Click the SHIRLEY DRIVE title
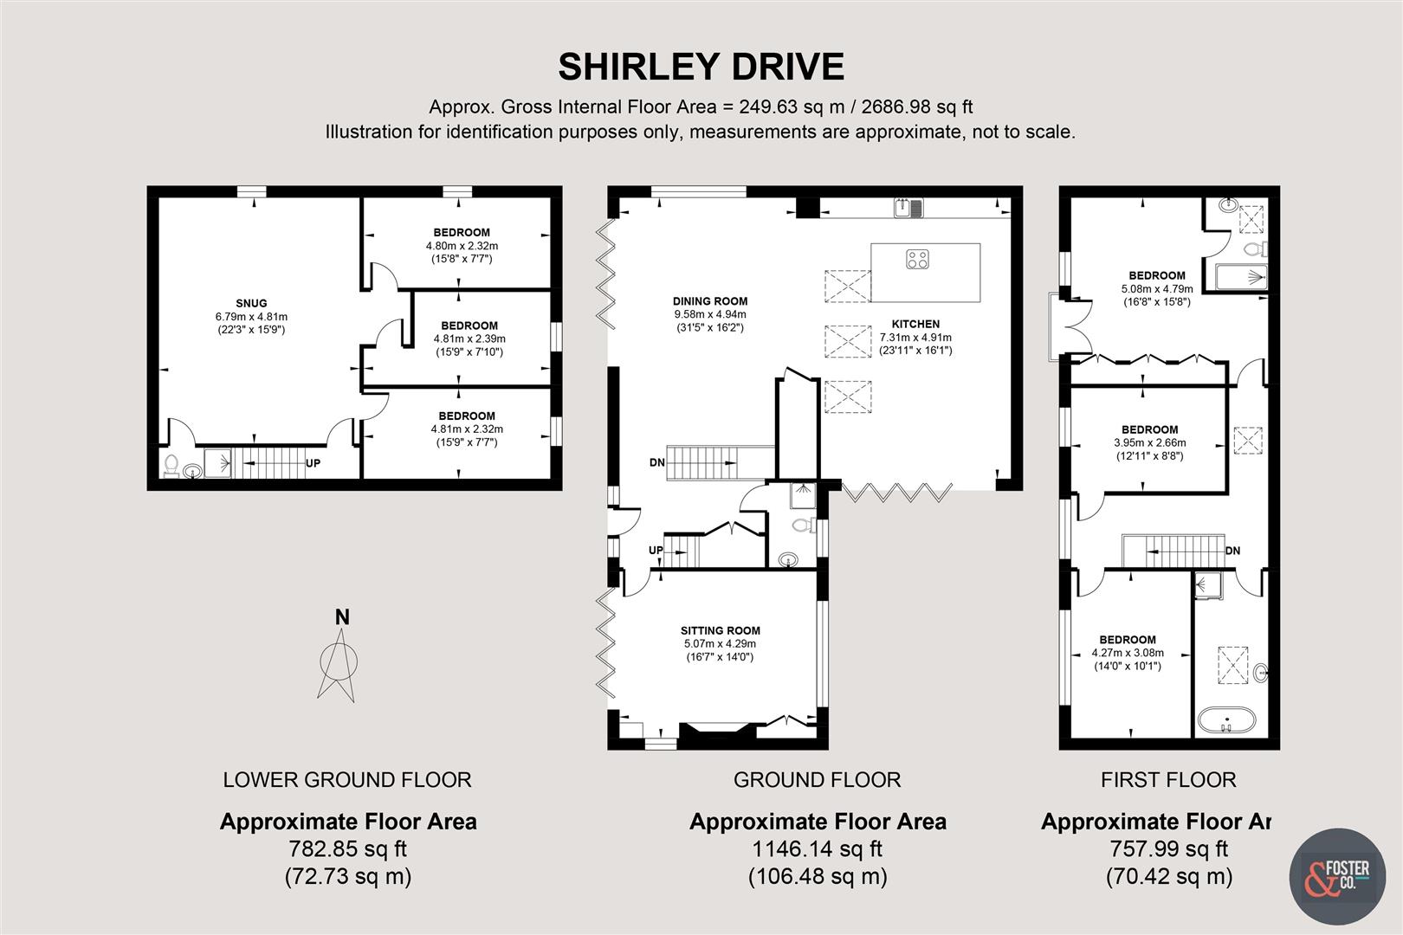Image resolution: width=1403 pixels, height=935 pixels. [701, 67]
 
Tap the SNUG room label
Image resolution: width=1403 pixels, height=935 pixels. [251, 303]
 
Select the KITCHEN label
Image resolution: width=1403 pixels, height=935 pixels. [915, 324]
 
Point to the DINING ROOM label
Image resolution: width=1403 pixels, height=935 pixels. [710, 301]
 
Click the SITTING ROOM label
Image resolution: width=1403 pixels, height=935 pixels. [721, 630]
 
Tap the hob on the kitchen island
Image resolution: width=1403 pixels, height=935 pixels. [918, 259]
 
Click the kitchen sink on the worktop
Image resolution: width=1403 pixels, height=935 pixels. [908, 208]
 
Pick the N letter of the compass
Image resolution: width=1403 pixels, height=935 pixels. [342, 617]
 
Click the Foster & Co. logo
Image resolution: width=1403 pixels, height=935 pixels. [1337, 876]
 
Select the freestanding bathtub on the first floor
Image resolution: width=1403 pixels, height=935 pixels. [1226, 721]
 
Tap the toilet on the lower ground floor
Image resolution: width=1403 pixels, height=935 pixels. [171, 465]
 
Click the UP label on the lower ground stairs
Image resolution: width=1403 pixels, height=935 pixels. [314, 463]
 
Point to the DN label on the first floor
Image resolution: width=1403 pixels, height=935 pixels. [1232, 551]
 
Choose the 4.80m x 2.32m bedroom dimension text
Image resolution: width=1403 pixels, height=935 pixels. [462, 246]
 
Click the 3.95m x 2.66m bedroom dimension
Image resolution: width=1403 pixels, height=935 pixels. [1150, 442]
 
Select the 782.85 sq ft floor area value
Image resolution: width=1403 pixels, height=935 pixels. [347, 849]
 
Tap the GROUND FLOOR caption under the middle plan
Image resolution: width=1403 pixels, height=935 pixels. [817, 780]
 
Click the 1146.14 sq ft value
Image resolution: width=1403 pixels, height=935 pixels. [817, 849]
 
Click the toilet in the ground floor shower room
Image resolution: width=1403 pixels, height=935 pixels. [803, 525]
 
